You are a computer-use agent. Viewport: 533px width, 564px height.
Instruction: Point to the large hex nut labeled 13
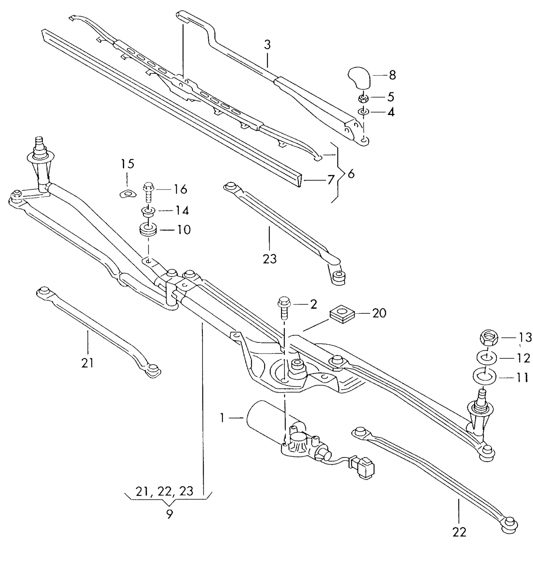tap(489, 337)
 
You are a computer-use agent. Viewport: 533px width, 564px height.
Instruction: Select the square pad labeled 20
tap(342, 314)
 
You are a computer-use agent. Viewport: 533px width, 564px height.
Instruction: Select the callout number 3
tap(267, 45)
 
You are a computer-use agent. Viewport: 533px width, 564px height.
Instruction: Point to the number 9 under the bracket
tap(169, 514)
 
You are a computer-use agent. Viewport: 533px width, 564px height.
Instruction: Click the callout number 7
tap(330, 180)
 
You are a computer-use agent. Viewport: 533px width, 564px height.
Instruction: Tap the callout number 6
tap(351, 173)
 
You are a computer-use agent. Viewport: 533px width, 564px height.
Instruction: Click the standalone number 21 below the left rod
tap(87, 363)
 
